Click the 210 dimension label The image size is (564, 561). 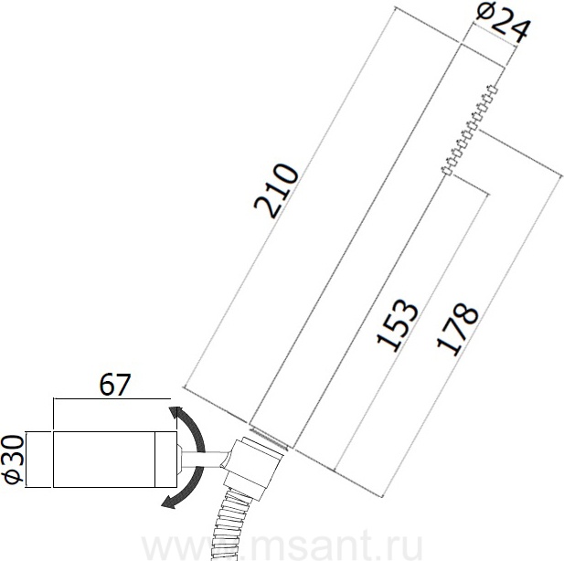tap(276, 191)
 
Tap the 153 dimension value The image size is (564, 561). tap(397, 325)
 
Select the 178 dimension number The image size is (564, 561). tap(457, 330)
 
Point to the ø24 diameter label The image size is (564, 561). tap(503, 22)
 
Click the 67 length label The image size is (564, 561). tap(114, 385)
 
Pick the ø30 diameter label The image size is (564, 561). tap(13, 459)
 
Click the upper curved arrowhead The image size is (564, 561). tap(176, 413)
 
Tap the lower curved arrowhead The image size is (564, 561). tap(168, 502)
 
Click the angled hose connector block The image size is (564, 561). tap(252, 468)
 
